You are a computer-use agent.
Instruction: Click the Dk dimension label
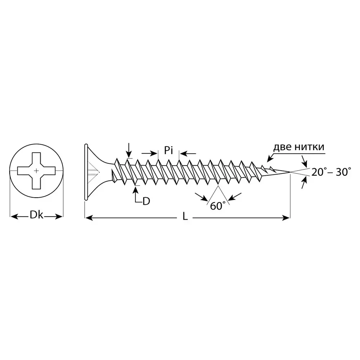click(36, 215)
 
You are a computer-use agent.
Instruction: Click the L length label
click(185, 216)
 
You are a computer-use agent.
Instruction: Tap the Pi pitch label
click(168, 150)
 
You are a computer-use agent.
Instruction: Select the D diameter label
click(146, 201)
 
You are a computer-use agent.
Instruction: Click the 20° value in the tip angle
click(318, 172)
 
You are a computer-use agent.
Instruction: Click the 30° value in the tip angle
click(343, 172)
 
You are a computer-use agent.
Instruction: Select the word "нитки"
click(310, 147)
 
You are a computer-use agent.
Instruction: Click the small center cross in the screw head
click(36, 171)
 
